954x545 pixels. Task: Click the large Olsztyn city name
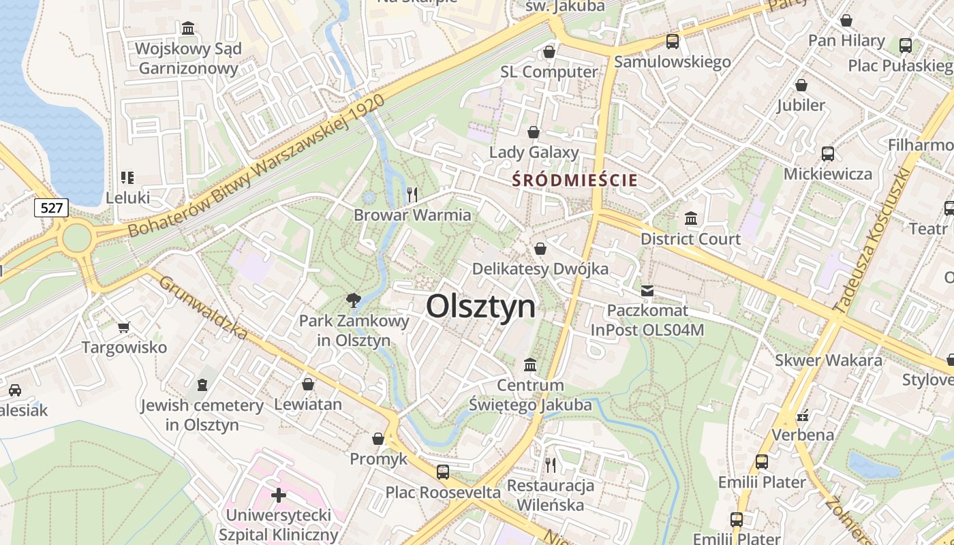[x=480, y=307]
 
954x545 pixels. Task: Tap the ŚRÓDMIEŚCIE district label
[x=575, y=181]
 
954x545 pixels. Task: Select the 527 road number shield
[x=52, y=208]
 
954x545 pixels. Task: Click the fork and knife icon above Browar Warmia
[x=412, y=195]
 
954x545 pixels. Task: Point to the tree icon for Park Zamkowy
[x=353, y=300]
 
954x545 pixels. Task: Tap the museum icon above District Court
[x=691, y=219]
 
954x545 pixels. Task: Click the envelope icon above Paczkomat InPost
[x=647, y=291]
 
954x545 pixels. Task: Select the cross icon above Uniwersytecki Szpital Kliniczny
[x=278, y=495]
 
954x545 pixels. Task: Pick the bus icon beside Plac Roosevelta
[x=443, y=471]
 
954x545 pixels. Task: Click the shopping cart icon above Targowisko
[x=123, y=328]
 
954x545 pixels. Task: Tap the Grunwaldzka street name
[x=202, y=307]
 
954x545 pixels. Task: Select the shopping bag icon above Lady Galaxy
[x=534, y=132]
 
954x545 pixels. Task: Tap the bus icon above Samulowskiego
[x=672, y=42]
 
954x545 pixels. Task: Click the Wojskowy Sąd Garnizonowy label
[x=188, y=59]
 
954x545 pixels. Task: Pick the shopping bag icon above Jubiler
[x=801, y=85]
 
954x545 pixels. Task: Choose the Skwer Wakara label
[x=828, y=360]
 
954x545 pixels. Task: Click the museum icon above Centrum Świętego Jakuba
[x=530, y=365]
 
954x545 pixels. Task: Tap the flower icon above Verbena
[x=802, y=415]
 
